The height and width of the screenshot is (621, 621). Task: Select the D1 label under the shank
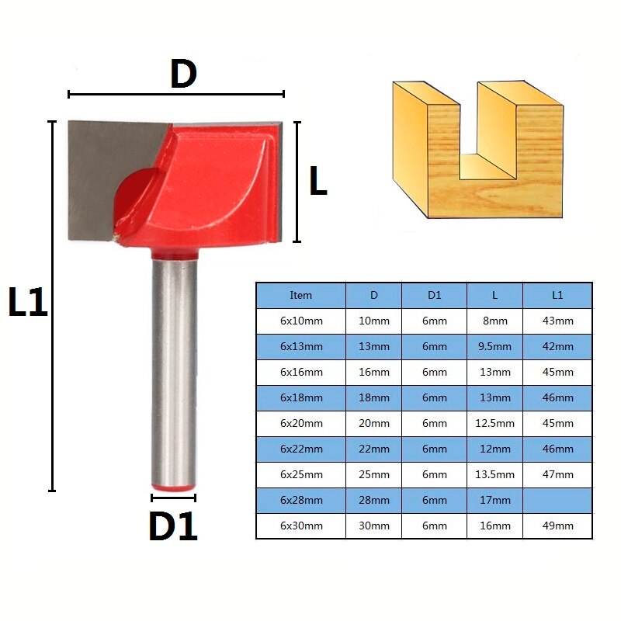coord(172,526)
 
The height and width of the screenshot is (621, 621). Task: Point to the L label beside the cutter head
coord(317,182)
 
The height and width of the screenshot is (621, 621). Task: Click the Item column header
coord(300,295)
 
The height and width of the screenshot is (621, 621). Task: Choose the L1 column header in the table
coord(557,295)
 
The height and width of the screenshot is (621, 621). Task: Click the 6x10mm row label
coord(300,321)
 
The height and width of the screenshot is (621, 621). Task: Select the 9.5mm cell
coord(494,346)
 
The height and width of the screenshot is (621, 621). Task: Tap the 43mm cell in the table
coord(557,321)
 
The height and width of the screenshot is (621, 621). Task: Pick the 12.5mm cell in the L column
coord(494,423)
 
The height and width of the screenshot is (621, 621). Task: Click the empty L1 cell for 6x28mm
coord(557,500)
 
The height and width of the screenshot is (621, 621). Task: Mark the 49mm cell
coord(557,526)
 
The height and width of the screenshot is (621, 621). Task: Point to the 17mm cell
coord(494,500)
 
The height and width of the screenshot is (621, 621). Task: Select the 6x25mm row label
coord(300,474)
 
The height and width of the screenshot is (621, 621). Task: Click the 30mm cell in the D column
coord(374,526)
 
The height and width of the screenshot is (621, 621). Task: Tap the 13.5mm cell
coord(494,474)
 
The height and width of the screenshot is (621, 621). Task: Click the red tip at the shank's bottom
coord(173,486)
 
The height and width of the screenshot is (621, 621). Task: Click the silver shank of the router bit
coord(173,365)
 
